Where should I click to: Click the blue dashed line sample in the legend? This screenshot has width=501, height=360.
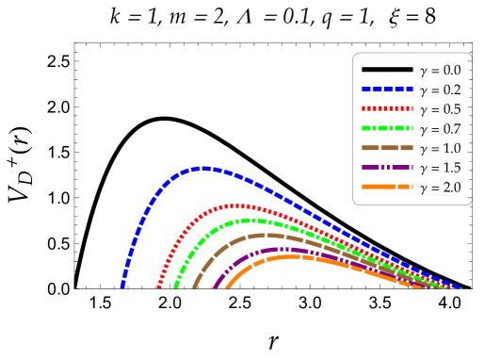click(387, 89)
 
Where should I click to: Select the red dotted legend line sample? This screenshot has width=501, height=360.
click(387, 108)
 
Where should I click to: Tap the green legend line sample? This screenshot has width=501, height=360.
click(387, 128)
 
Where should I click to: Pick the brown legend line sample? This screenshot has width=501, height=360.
click(387, 148)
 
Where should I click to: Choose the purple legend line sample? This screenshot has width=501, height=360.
click(387, 167)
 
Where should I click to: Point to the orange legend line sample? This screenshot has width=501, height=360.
click(387, 187)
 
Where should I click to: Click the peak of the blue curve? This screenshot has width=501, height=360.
click(202, 168)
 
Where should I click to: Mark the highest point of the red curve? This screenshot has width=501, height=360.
click(237, 205)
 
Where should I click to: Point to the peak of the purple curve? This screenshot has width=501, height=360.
click(280, 249)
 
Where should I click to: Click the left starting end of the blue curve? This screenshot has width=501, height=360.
click(122, 285)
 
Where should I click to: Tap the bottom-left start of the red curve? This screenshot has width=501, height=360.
click(159, 286)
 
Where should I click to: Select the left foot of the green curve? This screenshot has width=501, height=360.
click(176, 286)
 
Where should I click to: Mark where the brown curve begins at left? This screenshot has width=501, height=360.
click(195, 286)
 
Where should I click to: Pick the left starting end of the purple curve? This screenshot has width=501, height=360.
click(216, 286)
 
